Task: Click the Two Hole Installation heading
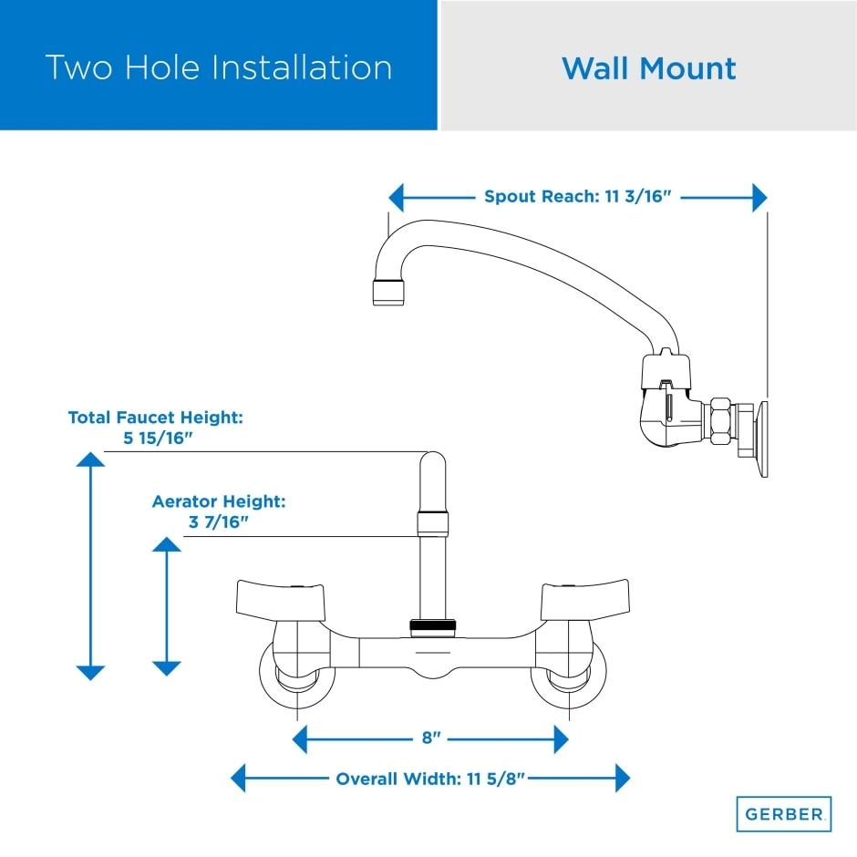[x=219, y=67]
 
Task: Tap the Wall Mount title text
[x=648, y=68]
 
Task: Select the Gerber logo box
[x=783, y=812]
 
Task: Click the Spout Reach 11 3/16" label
[x=578, y=197]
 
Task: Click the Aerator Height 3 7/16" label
[x=219, y=511]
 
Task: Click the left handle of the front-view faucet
[x=273, y=599]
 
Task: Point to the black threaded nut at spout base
[x=431, y=626]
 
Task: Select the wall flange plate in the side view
[x=759, y=439]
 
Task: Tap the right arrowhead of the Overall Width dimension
[x=622, y=779]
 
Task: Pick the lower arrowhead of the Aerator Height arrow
[x=166, y=667]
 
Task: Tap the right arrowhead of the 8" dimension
[x=561, y=739]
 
